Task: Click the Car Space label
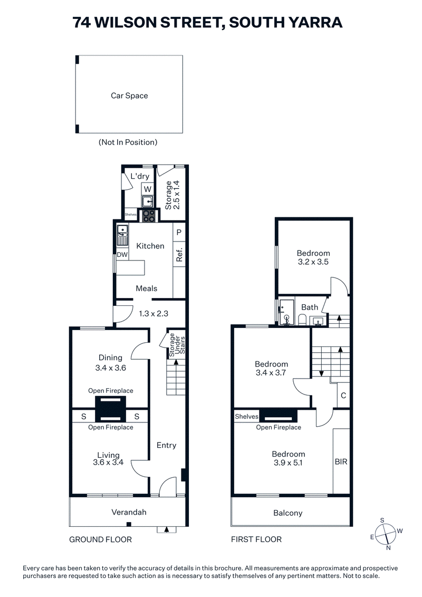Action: (129, 96)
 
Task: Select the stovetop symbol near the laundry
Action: (149, 215)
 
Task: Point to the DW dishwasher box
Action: (122, 255)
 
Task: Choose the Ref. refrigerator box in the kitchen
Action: (179, 255)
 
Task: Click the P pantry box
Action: (179, 232)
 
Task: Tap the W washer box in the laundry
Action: (148, 189)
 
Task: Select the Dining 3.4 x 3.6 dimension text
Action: (110, 368)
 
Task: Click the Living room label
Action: (108, 455)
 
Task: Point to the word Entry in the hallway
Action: (166, 445)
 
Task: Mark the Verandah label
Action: (129, 512)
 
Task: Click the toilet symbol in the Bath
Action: (302, 319)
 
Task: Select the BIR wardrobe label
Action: (341, 461)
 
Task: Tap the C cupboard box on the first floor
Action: (343, 395)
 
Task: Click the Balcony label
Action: (288, 513)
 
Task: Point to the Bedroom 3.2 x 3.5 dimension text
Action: (313, 261)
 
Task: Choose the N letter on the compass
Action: (389, 548)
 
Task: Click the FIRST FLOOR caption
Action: (256, 540)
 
